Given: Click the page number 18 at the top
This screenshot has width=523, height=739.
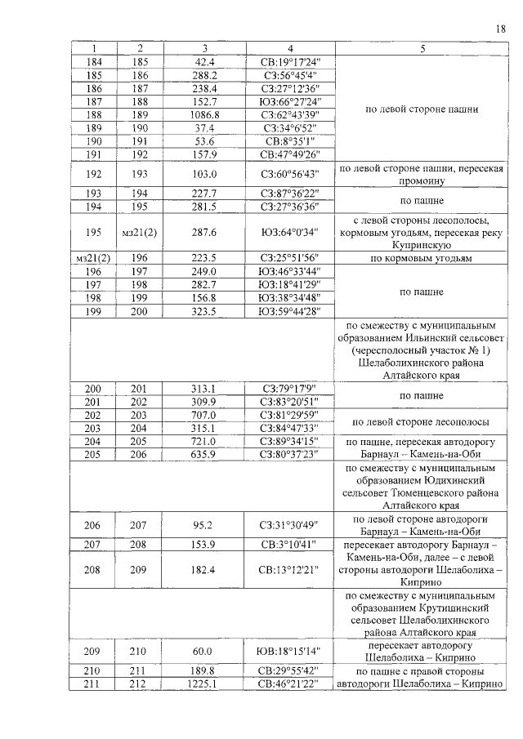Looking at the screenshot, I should [501, 29].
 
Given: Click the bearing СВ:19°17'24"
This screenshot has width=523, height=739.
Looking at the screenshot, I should [290, 61].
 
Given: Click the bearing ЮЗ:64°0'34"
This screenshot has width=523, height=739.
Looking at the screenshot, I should [290, 232].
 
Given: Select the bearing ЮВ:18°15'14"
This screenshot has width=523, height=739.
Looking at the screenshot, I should [290, 651].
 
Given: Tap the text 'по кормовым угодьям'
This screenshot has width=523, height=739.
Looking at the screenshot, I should [422, 258].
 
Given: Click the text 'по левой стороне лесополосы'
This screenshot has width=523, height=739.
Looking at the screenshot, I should [422, 421].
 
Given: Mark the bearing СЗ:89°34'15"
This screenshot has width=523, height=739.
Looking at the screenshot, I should [290, 441].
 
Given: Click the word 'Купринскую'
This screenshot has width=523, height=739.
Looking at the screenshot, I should [422, 244].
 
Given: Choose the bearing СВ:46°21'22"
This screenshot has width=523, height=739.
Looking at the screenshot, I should [290, 684].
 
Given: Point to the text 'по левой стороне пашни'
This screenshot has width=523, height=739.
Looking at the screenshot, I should [422, 108].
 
